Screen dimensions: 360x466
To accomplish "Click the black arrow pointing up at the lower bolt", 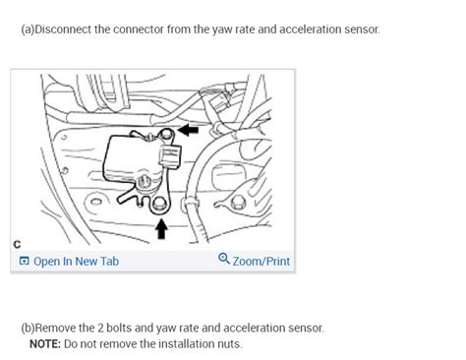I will tap(161, 229).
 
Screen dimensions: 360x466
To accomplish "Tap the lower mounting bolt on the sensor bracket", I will tap(160, 204).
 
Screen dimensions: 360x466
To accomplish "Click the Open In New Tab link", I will tap(76, 262).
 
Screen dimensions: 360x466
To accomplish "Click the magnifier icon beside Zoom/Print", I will tap(224, 261).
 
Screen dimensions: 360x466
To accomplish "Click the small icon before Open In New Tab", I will tap(25, 262).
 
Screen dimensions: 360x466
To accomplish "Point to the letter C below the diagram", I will tap(17, 243).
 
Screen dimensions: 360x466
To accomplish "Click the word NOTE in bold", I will tap(45, 344).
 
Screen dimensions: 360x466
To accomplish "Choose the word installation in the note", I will tap(178, 344).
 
